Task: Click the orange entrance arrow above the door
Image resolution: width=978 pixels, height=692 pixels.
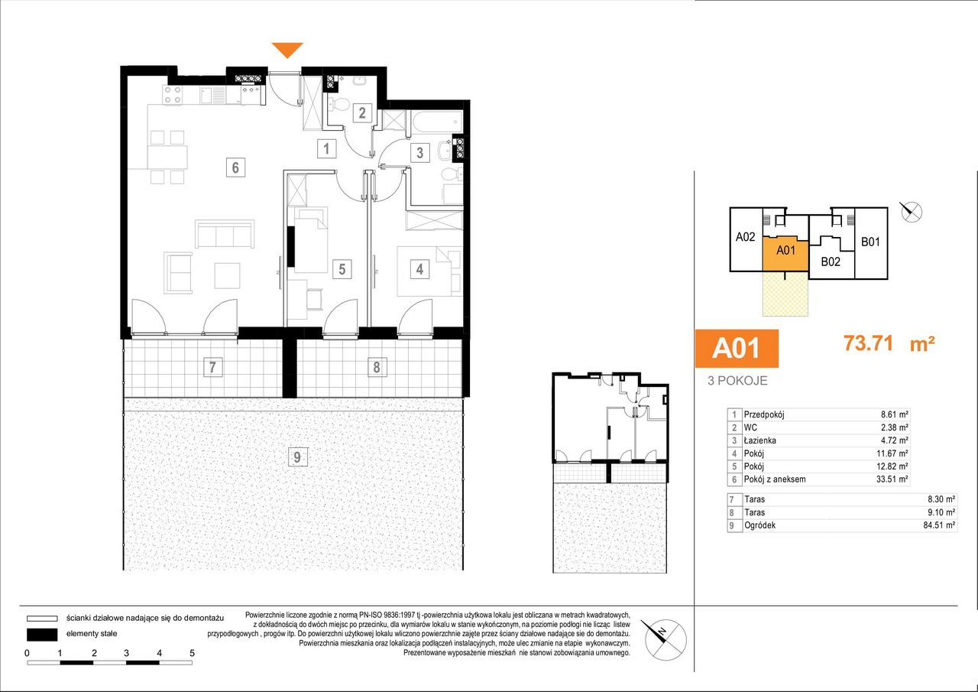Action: point(287,50)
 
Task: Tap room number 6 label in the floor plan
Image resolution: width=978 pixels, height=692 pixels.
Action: point(236,167)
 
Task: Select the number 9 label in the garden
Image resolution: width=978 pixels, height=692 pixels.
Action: point(297,457)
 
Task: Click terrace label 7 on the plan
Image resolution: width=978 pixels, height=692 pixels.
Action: point(212,366)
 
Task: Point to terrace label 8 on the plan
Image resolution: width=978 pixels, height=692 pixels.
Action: point(377,367)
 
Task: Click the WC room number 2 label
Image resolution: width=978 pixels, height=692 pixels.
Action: point(362,113)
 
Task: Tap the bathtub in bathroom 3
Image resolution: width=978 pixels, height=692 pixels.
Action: point(436,122)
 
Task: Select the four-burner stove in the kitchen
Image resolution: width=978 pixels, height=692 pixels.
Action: point(173,96)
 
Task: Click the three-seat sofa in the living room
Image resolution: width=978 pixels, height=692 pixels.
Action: point(225,234)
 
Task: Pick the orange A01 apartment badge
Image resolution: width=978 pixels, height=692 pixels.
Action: point(737,348)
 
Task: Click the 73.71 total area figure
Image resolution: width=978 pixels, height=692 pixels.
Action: point(868,343)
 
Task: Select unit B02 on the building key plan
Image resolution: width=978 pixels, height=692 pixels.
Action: point(831,262)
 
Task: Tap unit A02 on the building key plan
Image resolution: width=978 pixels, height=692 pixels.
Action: point(745,237)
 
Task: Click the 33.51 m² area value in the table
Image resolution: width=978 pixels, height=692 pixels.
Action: point(892,479)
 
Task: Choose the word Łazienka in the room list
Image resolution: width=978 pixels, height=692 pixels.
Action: point(760,440)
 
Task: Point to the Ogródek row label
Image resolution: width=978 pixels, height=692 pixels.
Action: point(759,525)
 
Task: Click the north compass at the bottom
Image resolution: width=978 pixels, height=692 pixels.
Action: point(664,639)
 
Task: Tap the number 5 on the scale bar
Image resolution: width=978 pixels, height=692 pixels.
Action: point(192,653)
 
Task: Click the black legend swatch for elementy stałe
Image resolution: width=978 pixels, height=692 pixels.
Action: point(42,635)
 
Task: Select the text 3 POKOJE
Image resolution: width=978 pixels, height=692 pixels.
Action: point(737,381)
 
